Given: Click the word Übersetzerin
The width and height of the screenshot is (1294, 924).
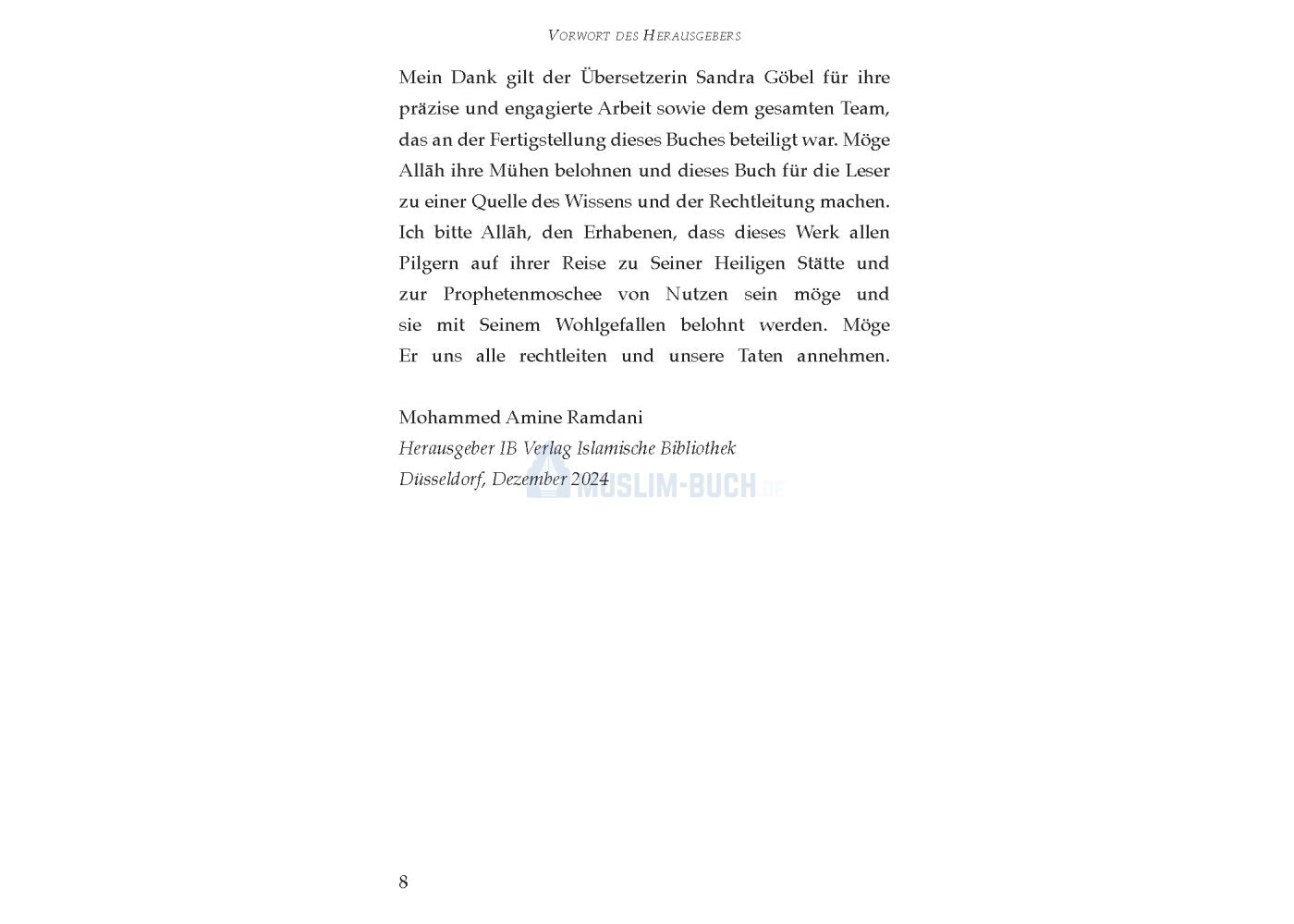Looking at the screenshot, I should click(632, 78).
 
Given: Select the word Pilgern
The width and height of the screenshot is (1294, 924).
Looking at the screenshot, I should click(428, 264).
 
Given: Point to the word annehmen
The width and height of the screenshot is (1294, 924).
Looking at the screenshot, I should click(842, 356).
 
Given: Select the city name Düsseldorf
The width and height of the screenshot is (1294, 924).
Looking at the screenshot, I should click(441, 480).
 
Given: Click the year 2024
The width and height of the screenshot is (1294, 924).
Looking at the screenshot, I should click(590, 480).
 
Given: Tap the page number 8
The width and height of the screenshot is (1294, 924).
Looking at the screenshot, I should click(403, 882).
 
